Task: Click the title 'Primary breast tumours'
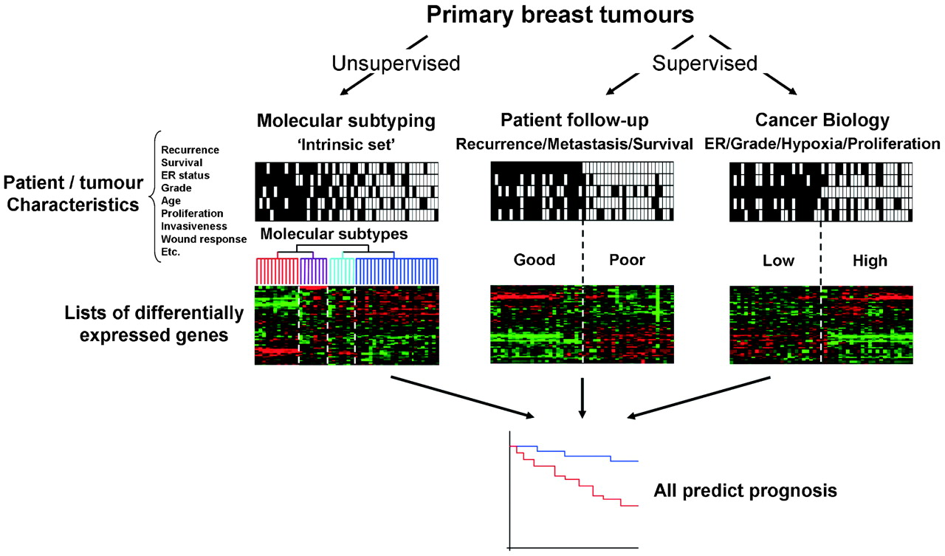pyautogui.click(x=560, y=15)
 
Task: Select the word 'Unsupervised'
pyautogui.click(x=396, y=64)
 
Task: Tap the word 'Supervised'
pyautogui.click(x=704, y=64)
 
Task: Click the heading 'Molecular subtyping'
pyautogui.click(x=346, y=120)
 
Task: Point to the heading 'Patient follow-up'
pyautogui.click(x=574, y=120)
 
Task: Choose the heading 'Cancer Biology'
pyautogui.click(x=822, y=120)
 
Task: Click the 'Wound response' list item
pyautogui.click(x=204, y=239)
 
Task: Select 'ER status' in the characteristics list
pyautogui.click(x=185, y=176)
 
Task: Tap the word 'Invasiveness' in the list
pyautogui.click(x=194, y=227)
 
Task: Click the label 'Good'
pyautogui.click(x=534, y=260)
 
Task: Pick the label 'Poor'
pyautogui.click(x=627, y=260)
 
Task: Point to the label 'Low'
pyautogui.click(x=778, y=261)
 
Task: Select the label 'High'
pyautogui.click(x=870, y=261)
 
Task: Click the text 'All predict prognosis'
pyautogui.click(x=745, y=490)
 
